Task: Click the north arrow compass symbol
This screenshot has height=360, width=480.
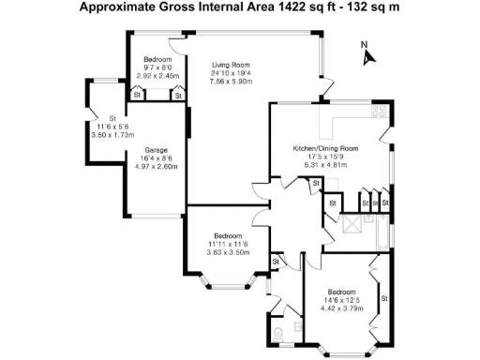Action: (368, 53)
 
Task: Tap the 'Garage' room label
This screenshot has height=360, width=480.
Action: (156, 149)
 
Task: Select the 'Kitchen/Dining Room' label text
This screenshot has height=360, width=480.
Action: (326, 148)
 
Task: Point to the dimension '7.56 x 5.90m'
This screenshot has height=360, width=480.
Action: (230, 81)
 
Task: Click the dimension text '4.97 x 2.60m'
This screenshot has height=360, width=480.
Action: (156, 166)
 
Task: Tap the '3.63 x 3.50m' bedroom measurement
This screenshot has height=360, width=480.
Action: (229, 252)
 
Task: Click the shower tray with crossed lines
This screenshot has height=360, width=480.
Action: (354, 224)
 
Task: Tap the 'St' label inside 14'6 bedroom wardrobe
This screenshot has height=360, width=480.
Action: (383, 298)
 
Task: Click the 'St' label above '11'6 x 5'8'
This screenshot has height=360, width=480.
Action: (111, 117)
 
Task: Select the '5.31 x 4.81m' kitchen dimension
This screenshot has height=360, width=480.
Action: (326, 165)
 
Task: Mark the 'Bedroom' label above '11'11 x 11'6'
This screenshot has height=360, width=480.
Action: (229, 235)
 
